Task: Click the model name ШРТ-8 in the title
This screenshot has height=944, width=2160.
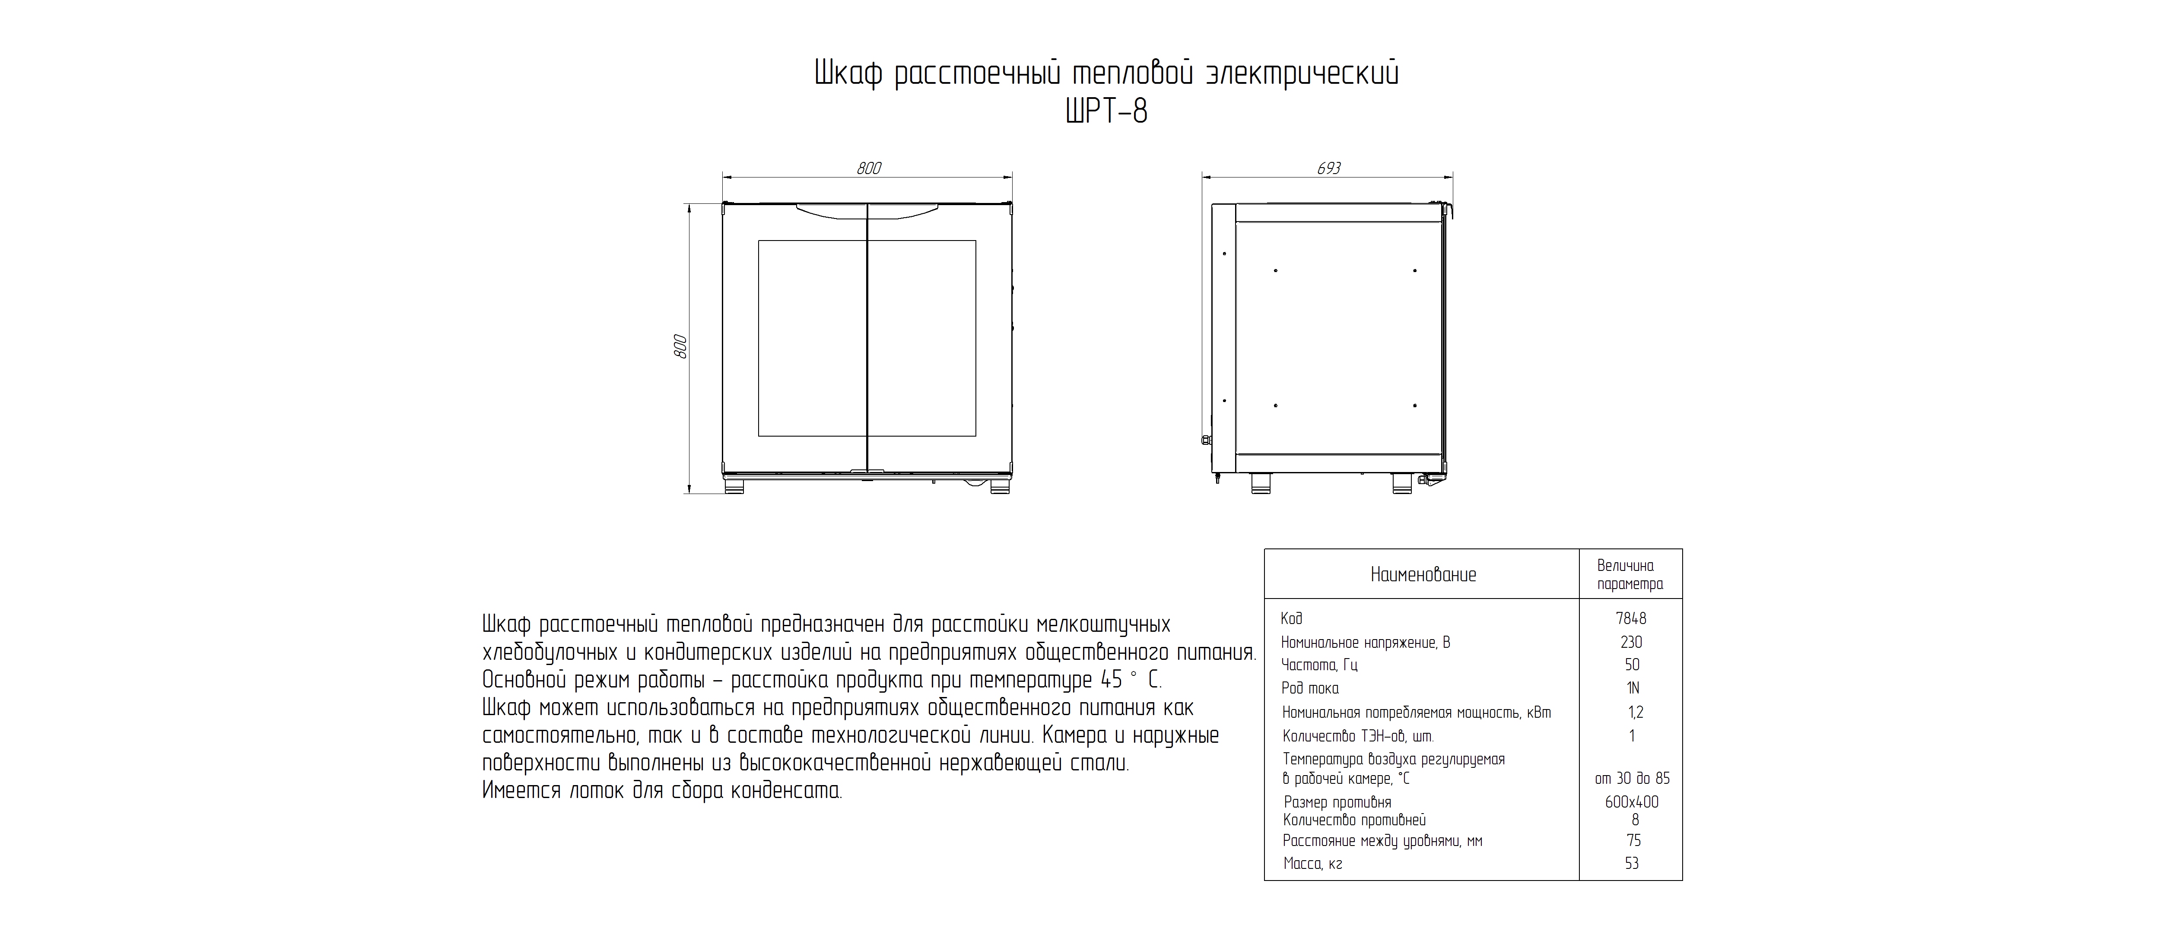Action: coord(1106,111)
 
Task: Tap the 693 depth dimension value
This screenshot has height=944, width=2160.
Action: coord(1328,168)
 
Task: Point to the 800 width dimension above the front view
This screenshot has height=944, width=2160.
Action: coord(869,168)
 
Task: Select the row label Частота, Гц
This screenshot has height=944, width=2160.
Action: coord(1319,665)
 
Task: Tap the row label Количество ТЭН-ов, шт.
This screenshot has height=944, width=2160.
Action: coord(1357,737)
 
